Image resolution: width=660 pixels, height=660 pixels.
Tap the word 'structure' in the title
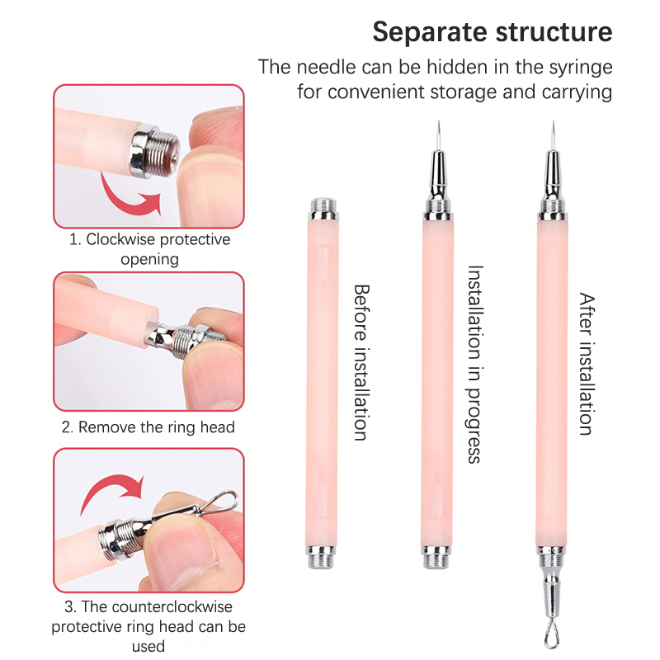coord(554,32)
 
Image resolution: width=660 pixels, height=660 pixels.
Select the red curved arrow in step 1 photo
coord(129,198)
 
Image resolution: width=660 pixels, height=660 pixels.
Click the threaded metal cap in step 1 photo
coord(154,150)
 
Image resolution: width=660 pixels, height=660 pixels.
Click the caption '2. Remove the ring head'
coord(148,427)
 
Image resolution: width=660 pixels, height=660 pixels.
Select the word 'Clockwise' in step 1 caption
coord(121,239)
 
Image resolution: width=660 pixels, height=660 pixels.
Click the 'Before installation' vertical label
coord(361,362)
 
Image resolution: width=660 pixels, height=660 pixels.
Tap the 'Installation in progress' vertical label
coord(475,364)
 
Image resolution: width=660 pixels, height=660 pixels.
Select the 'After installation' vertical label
coord(587,363)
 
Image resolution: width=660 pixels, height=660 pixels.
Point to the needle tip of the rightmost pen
coord(553,122)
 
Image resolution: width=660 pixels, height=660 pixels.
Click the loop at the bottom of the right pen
coord(552,636)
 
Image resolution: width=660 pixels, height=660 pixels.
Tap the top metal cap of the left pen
coord(323,210)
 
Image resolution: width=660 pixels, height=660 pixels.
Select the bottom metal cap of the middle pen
coord(436,557)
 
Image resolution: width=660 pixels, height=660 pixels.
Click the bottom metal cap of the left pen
coord(321,556)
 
